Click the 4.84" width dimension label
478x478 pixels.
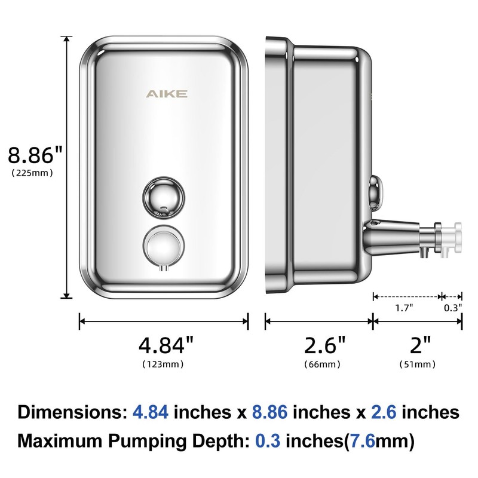(166, 346)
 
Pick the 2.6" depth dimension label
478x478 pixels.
(325, 346)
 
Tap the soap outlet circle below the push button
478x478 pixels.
(163, 246)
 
